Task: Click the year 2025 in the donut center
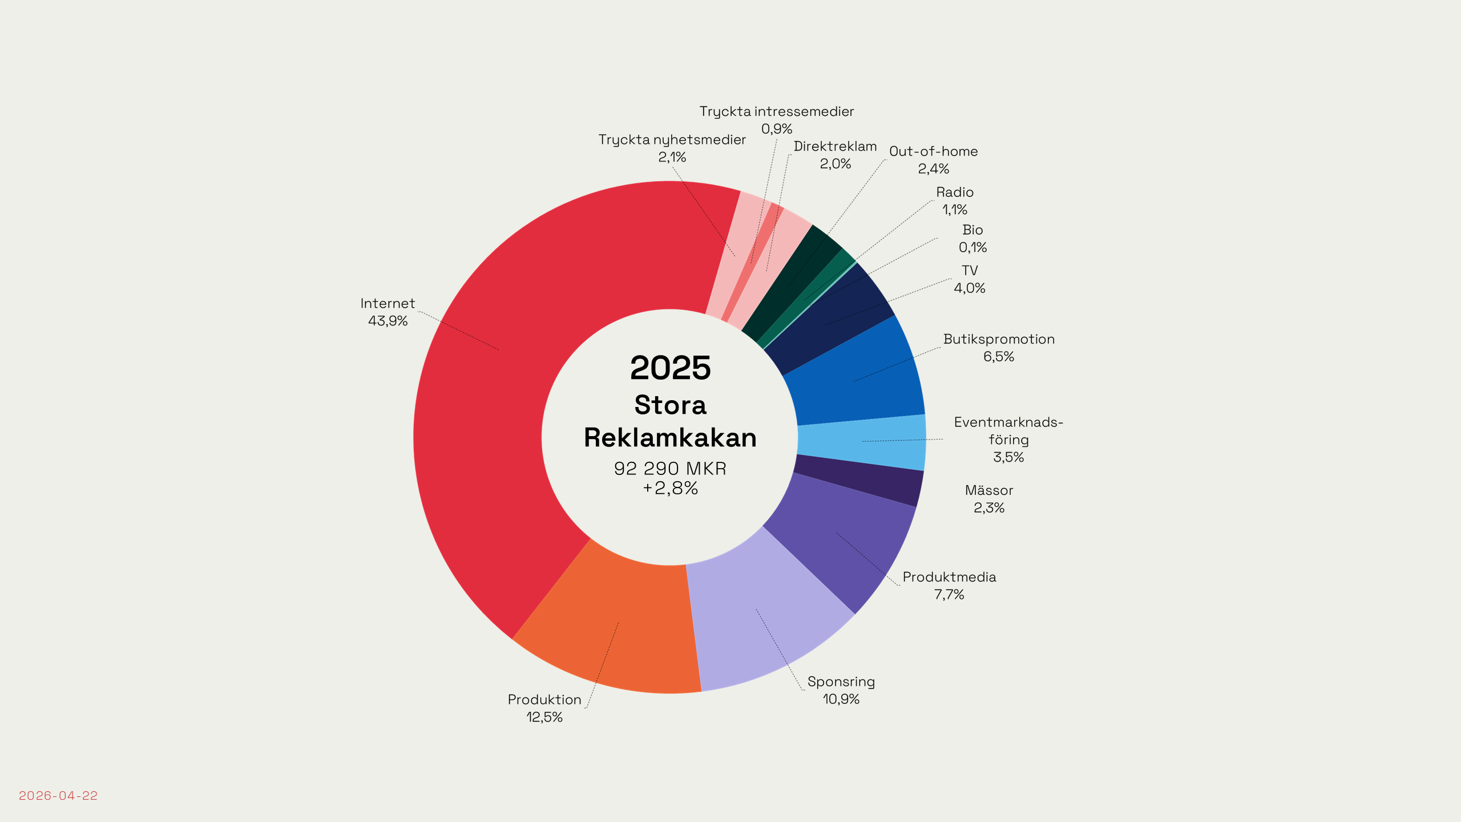coord(671,368)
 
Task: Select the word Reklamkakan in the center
coord(671,438)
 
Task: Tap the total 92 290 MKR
coord(671,469)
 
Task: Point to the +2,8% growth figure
coord(671,488)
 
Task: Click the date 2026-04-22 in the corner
coord(58,796)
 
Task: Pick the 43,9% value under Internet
coord(388,321)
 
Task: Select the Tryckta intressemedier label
coord(777,111)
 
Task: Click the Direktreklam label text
coord(835,146)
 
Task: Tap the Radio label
coord(955,192)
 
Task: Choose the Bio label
coord(972,230)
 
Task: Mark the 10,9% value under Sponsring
coord(841,699)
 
